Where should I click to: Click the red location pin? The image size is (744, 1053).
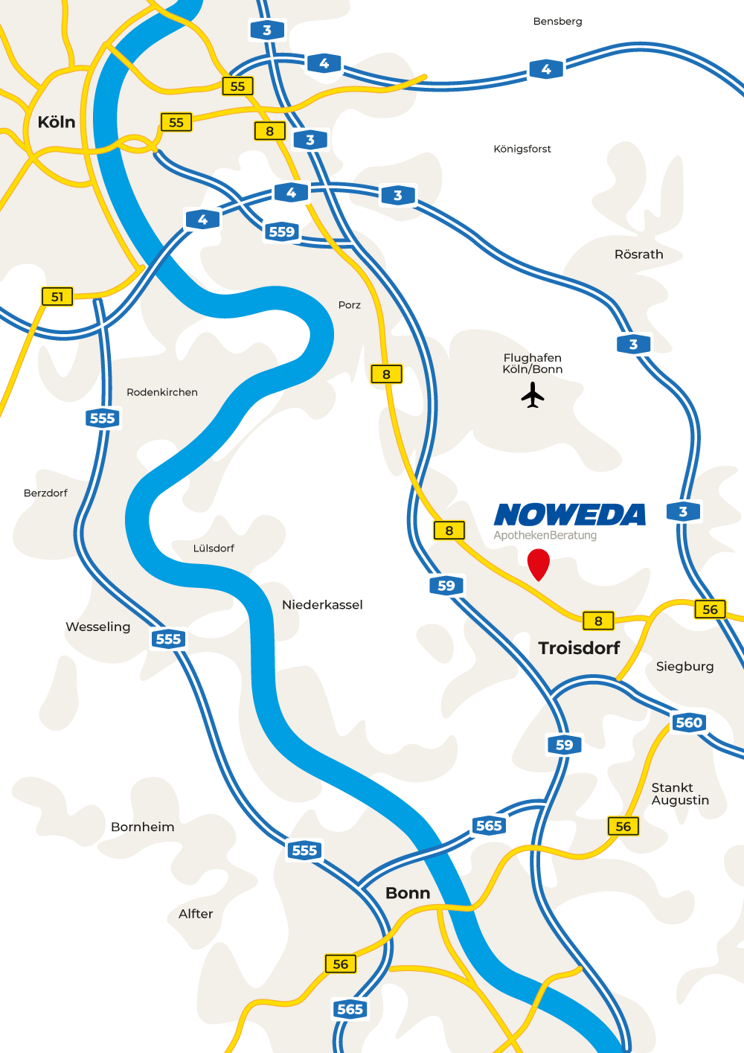[x=538, y=563]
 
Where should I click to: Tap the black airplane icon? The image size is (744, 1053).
[x=533, y=394]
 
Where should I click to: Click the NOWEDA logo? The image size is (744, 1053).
[x=570, y=515]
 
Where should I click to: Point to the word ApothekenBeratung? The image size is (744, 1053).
[x=545, y=535]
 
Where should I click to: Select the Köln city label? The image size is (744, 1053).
[x=57, y=122]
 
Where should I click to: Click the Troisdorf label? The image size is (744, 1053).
[x=579, y=648]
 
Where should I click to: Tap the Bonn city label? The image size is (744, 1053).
[x=408, y=893]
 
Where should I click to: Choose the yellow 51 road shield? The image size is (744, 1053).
[x=57, y=297]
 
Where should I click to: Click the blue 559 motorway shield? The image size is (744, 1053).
[x=282, y=231]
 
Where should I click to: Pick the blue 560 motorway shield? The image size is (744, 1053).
[x=689, y=723]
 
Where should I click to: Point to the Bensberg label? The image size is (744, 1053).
[x=557, y=22]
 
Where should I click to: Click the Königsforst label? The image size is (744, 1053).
[x=522, y=149]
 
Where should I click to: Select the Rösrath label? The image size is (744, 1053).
[x=638, y=255]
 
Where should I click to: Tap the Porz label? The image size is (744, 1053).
[x=349, y=305]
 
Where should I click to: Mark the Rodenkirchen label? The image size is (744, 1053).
[x=162, y=392]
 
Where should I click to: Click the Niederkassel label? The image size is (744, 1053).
[x=322, y=605]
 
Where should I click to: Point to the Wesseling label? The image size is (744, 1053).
[x=97, y=627]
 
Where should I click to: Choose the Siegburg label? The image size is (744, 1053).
[x=684, y=667]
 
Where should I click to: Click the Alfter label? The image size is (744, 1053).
[x=196, y=914]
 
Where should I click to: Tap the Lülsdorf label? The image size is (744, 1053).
[x=214, y=548]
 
